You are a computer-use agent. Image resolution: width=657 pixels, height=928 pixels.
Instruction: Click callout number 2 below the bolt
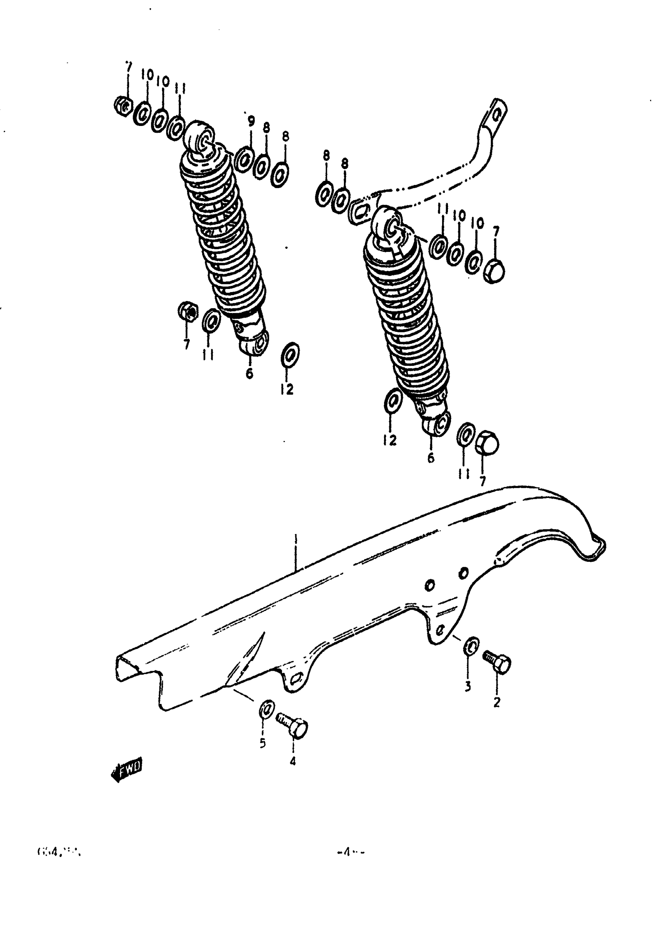pyautogui.click(x=497, y=703)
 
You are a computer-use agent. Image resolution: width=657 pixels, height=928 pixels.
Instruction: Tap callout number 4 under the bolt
pyautogui.click(x=293, y=761)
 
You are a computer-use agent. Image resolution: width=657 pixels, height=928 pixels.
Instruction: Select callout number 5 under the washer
pyautogui.click(x=262, y=743)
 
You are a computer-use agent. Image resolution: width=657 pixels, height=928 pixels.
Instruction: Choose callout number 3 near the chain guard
pyautogui.click(x=468, y=686)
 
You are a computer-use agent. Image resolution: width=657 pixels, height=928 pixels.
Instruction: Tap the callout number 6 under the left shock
pyautogui.click(x=249, y=373)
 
